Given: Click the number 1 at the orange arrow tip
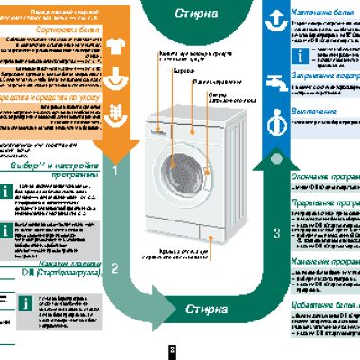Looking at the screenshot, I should (x=116, y=169).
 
